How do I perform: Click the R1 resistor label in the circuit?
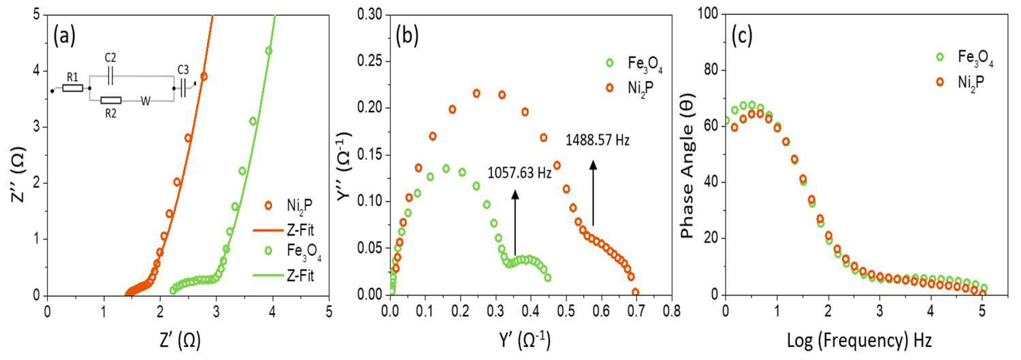tap(72, 78)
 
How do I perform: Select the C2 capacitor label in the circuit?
tap(110, 58)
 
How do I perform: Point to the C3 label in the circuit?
tap(183, 69)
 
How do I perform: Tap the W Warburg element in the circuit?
tap(146, 101)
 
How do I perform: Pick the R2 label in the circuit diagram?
tap(111, 113)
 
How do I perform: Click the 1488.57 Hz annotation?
tap(598, 140)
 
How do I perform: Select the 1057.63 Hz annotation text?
tap(519, 173)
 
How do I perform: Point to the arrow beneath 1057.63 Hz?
tap(515, 223)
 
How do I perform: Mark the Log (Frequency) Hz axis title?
tap(859, 341)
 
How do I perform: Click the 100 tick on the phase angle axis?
tap(707, 14)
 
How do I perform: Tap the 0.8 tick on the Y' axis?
tap(671, 311)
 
